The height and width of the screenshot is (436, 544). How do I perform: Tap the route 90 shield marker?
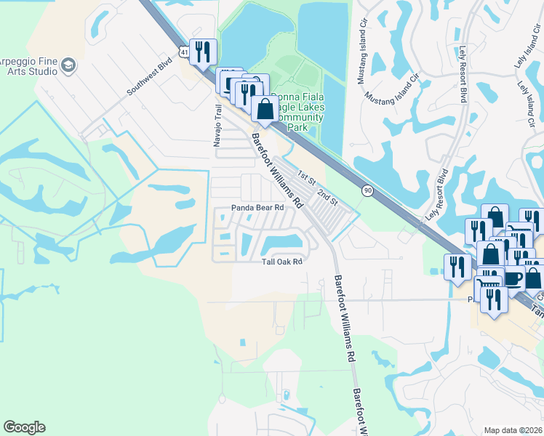[x=368, y=190]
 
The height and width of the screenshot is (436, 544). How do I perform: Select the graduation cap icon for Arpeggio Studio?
[x=68, y=66]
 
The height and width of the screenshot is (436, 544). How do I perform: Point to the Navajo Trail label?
[x=217, y=126]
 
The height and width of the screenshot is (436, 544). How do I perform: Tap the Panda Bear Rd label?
[x=257, y=207]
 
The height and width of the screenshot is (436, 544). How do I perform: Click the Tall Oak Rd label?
[x=281, y=262]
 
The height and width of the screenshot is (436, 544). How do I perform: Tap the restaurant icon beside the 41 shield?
[x=203, y=51]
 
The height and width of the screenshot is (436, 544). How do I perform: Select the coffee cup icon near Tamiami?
[x=513, y=278]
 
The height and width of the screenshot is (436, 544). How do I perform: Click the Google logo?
[x=24, y=427]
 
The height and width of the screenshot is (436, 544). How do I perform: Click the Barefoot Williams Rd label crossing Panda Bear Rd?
[x=276, y=166]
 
